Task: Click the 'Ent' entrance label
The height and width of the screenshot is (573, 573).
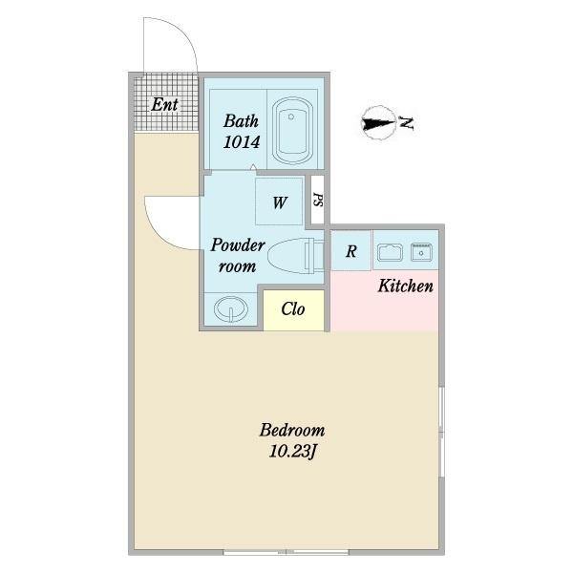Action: coord(164,105)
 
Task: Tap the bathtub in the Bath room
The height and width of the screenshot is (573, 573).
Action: coord(292,130)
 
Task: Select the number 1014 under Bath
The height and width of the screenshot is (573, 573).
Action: coord(242,142)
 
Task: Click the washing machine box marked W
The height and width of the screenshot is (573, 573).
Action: coord(279,202)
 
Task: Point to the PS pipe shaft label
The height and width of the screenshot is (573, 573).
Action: coord(318,200)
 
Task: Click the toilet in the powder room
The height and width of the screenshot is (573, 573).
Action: coord(296,255)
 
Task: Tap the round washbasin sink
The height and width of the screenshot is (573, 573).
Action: coord(230,308)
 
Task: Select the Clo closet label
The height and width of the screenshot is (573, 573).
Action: coord(293,309)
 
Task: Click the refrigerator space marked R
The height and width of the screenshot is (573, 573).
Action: coord(350,250)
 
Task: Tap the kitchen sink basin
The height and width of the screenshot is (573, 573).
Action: coord(390,252)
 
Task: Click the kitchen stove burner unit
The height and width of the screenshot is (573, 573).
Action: coord(421,252)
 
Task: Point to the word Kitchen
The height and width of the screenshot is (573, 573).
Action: coord(406,286)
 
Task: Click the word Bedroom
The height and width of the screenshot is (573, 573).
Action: coord(292,430)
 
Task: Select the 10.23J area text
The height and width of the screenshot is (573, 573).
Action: coord(292,452)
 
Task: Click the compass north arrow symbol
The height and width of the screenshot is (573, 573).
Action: coord(379,123)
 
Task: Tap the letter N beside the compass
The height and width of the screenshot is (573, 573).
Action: coord(406,123)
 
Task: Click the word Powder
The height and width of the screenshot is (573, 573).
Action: coord(238,245)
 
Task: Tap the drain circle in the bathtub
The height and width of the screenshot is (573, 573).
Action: coord(291,117)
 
